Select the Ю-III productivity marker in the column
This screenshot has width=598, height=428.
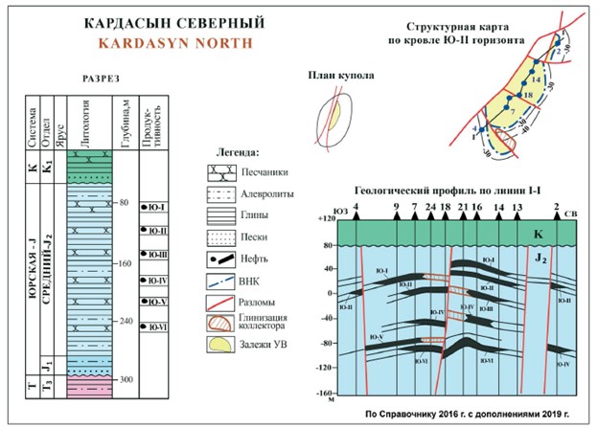(153, 254)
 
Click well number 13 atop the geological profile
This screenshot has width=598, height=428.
(517, 207)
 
